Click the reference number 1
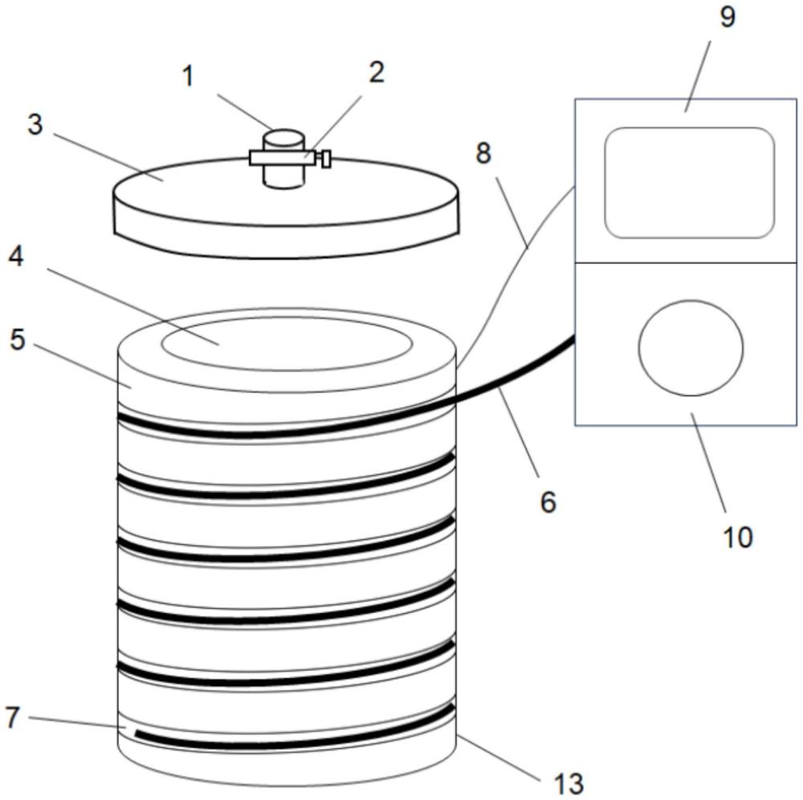click(188, 77)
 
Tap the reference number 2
click(376, 72)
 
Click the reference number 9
click(728, 17)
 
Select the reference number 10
click(738, 536)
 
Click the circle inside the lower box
click(690, 347)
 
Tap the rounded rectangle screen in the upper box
click(690, 182)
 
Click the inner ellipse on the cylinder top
click(287, 343)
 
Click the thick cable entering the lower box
click(522, 371)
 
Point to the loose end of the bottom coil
click(138, 733)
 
